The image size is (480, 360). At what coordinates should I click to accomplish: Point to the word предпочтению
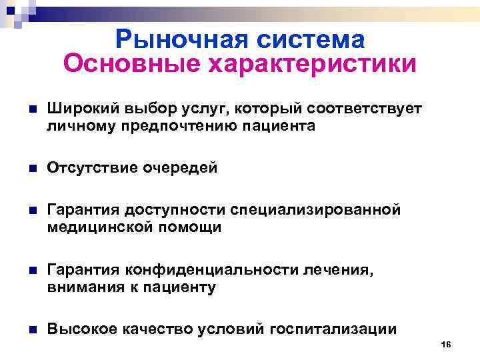(x=176, y=125)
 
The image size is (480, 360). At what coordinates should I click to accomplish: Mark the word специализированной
(x=315, y=211)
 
